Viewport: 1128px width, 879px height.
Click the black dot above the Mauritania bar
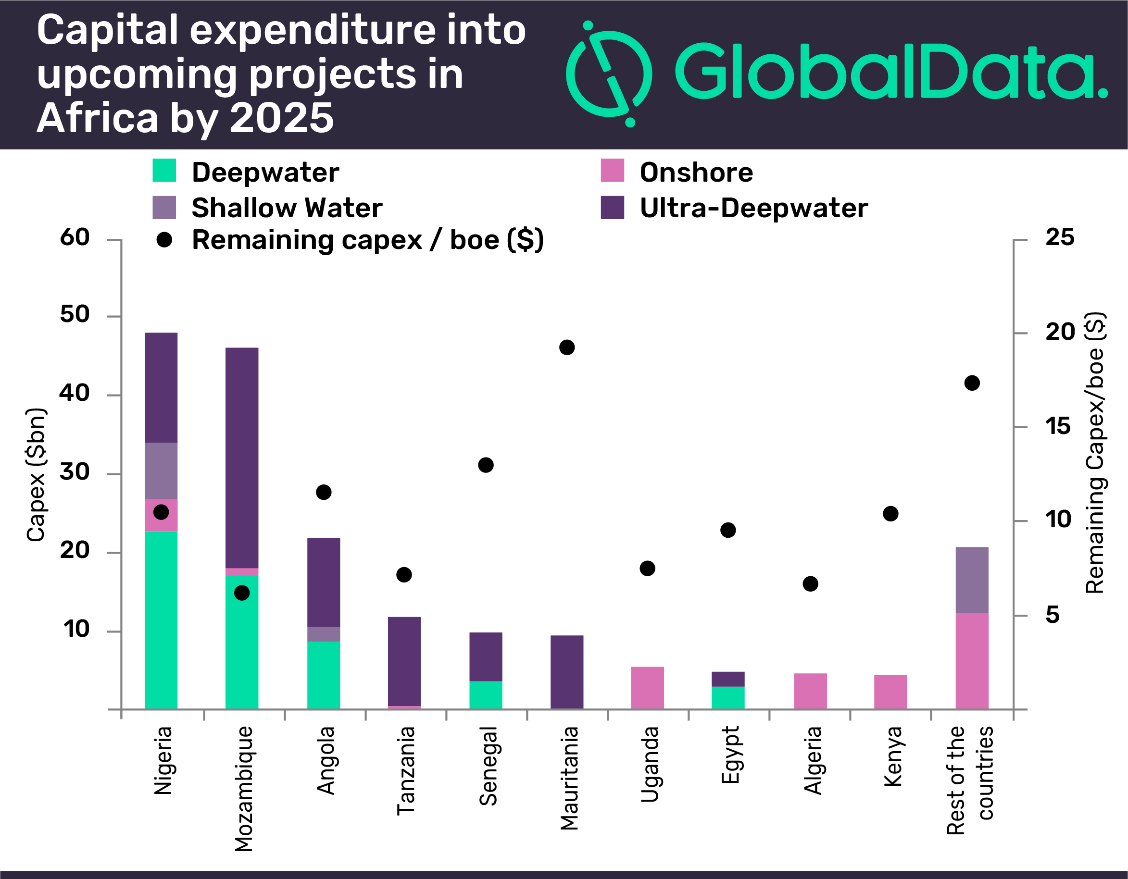[566, 347]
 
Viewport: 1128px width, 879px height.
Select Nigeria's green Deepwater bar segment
[161, 619]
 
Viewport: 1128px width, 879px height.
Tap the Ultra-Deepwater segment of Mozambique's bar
[242, 457]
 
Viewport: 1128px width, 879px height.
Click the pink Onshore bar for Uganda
[647, 688]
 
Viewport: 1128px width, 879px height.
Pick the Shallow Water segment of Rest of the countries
[972, 580]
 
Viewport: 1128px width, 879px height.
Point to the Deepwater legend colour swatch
[164, 171]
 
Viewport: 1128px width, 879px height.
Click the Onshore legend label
[696, 173]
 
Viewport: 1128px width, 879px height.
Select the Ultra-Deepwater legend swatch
[612, 208]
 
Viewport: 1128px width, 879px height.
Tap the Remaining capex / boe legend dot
[164, 240]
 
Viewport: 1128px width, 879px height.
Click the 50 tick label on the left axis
[75, 314]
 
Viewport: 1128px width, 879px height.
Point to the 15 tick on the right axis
[1058, 426]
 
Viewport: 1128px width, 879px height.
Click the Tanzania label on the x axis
[405, 770]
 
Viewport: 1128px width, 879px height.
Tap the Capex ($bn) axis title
[36, 475]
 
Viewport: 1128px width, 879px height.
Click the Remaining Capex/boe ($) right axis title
[1094, 453]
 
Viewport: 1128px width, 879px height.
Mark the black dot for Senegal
[486, 465]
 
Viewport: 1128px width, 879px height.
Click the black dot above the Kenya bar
[890, 514]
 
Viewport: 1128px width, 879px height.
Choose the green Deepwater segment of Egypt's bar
[728, 697]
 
